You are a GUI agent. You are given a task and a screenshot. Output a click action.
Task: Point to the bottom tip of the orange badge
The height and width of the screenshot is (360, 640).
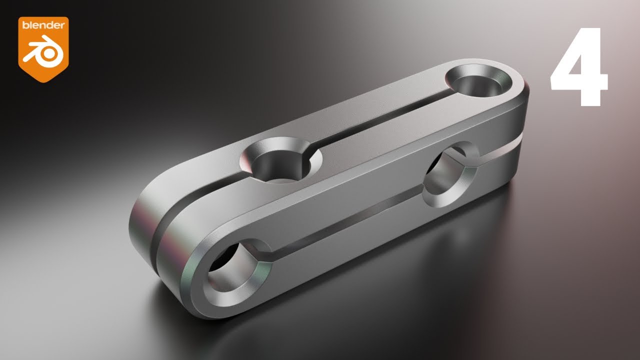pyautogui.click(x=43, y=81)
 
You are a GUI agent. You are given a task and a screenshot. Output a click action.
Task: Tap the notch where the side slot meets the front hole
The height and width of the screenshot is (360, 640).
pyautogui.click(x=267, y=255)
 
